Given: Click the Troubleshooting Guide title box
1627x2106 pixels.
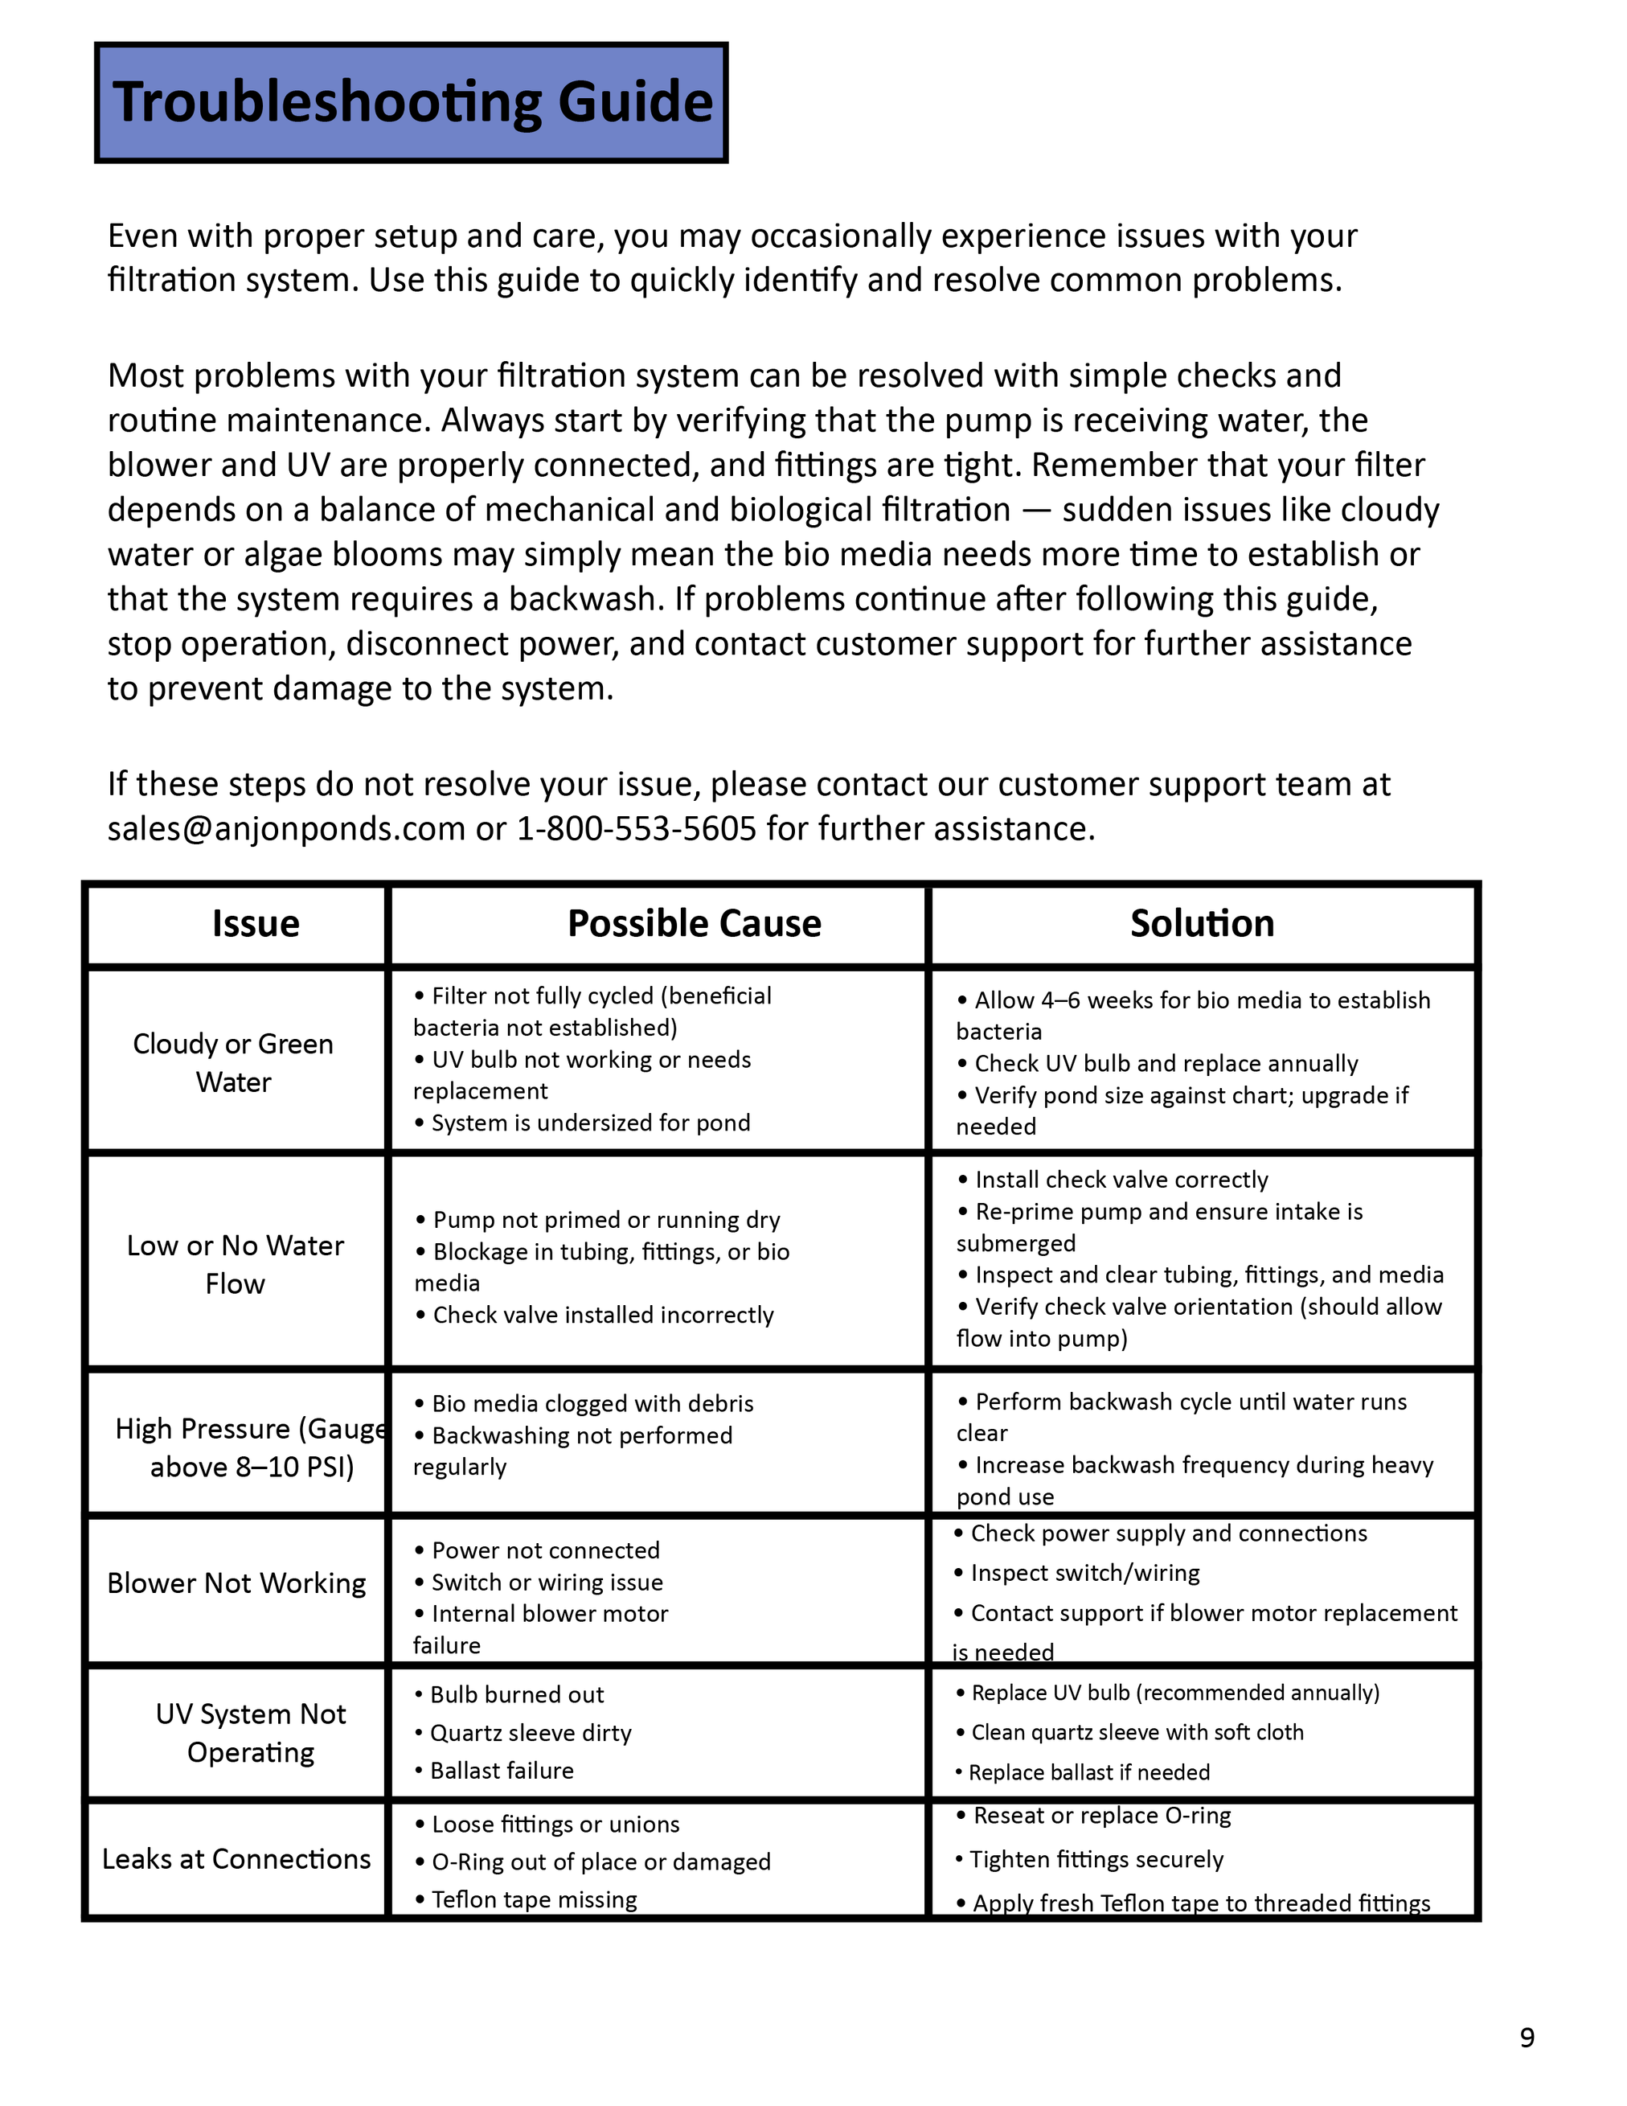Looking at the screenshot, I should pos(412,102).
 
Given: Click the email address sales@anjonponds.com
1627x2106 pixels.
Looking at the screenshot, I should pos(286,828).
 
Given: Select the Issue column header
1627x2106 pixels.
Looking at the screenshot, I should pos(256,924).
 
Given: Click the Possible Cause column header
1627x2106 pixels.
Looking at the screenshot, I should pos(694,924).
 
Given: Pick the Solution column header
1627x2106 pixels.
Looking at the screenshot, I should pos(1202,924).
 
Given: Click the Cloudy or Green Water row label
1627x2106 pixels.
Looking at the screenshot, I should pos(233,1062).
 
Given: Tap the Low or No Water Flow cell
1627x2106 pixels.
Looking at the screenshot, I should pos(236,1264).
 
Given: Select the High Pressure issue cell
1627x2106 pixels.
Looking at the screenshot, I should pos(251,1447).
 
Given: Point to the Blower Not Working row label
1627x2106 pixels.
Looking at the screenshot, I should pos(236,1583).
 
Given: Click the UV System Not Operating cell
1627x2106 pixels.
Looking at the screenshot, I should pos(251,1733).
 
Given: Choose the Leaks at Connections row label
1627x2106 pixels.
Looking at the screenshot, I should pos(236,1859).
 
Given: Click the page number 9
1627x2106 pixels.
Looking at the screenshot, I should pos(1527,2038).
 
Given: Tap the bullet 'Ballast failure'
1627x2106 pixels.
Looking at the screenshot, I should pos(502,1771).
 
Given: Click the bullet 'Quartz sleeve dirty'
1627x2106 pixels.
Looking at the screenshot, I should pos(530,1733).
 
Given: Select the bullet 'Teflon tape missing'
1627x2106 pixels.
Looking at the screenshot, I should pos(534,1899).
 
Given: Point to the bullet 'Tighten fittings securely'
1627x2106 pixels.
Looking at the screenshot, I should pos(1096,1859).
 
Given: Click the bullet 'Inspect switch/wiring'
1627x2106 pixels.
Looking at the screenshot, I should pos(1084,1573).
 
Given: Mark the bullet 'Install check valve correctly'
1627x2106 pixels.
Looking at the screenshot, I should pos(1121,1180).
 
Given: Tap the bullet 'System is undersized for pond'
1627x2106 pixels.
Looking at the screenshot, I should pos(590,1123).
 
